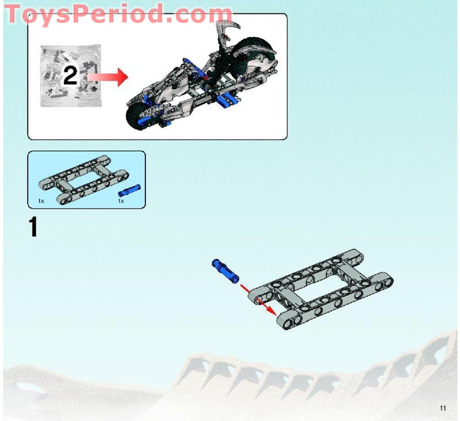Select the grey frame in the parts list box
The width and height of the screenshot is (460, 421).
[82, 180]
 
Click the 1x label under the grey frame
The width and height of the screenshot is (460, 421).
[41, 201]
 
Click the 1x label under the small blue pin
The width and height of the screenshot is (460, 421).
[121, 201]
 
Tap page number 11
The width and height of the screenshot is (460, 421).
[442, 408]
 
